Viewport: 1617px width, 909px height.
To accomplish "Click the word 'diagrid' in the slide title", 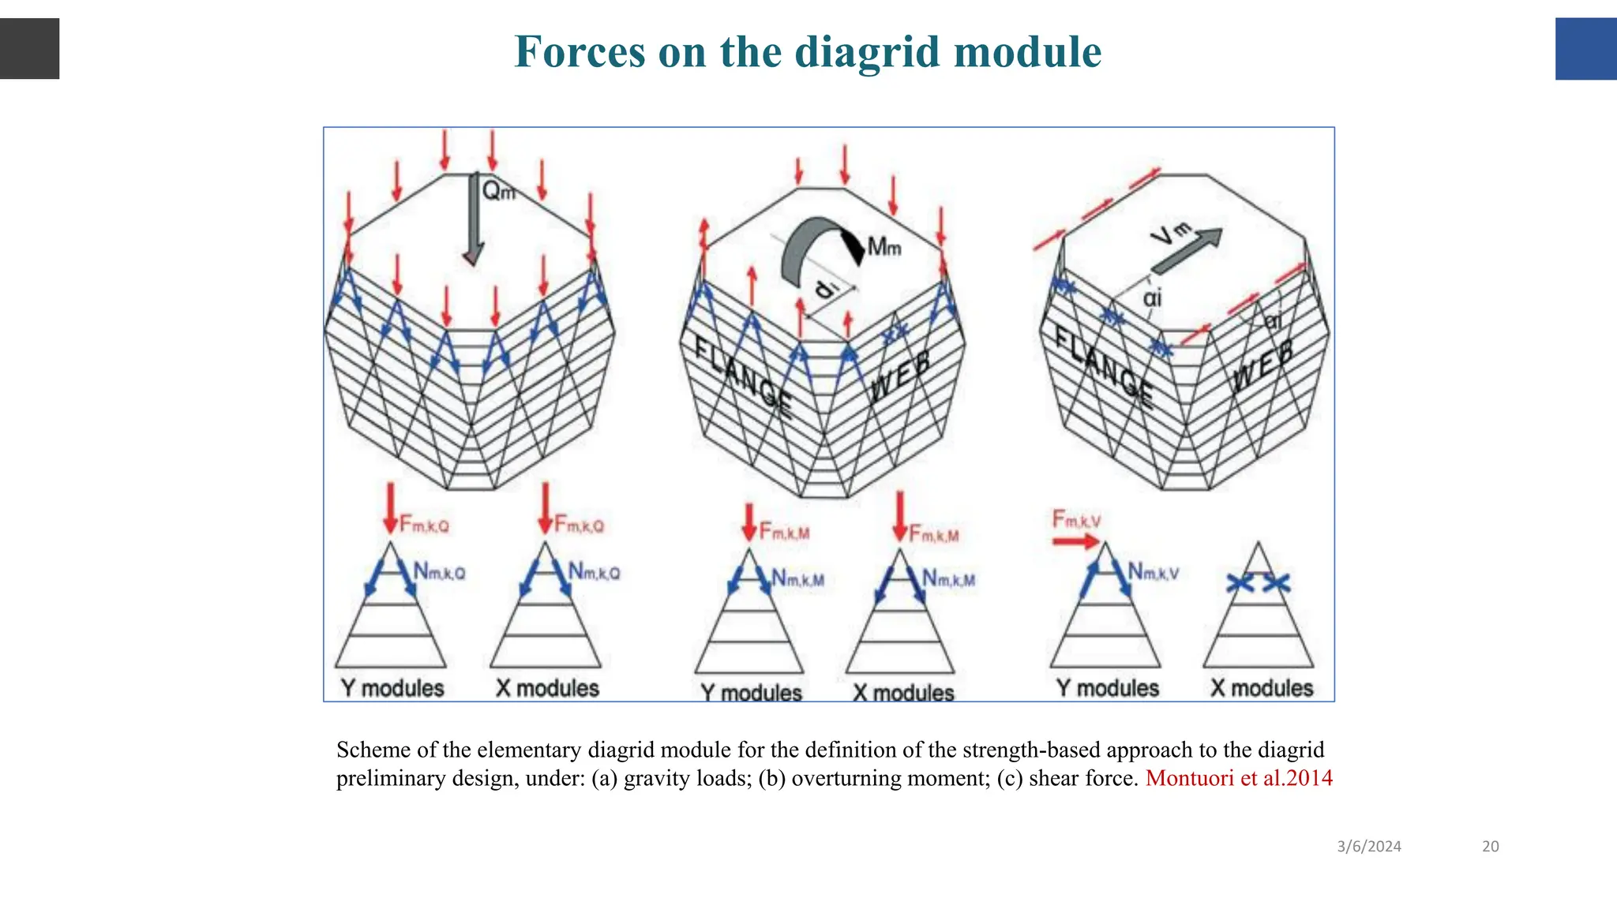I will (x=869, y=52).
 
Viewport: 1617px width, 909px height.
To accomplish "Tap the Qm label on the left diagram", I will (x=498, y=190).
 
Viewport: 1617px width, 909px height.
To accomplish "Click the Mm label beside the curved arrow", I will (x=884, y=247).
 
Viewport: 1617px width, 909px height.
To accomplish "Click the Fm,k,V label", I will (x=1076, y=519).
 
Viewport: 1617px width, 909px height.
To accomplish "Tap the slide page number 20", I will (x=1490, y=847).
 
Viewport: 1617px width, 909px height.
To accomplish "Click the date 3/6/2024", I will (x=1369, y=847).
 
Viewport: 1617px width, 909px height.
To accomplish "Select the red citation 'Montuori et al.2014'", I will (x=1239, y=778).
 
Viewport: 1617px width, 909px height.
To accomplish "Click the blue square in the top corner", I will (x=1585, y=49).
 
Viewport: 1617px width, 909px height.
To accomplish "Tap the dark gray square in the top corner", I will (x=29, y=49).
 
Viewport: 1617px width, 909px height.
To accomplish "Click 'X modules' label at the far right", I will (x=1262, y=688).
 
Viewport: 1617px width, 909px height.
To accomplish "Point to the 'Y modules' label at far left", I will (x=392, y=688).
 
